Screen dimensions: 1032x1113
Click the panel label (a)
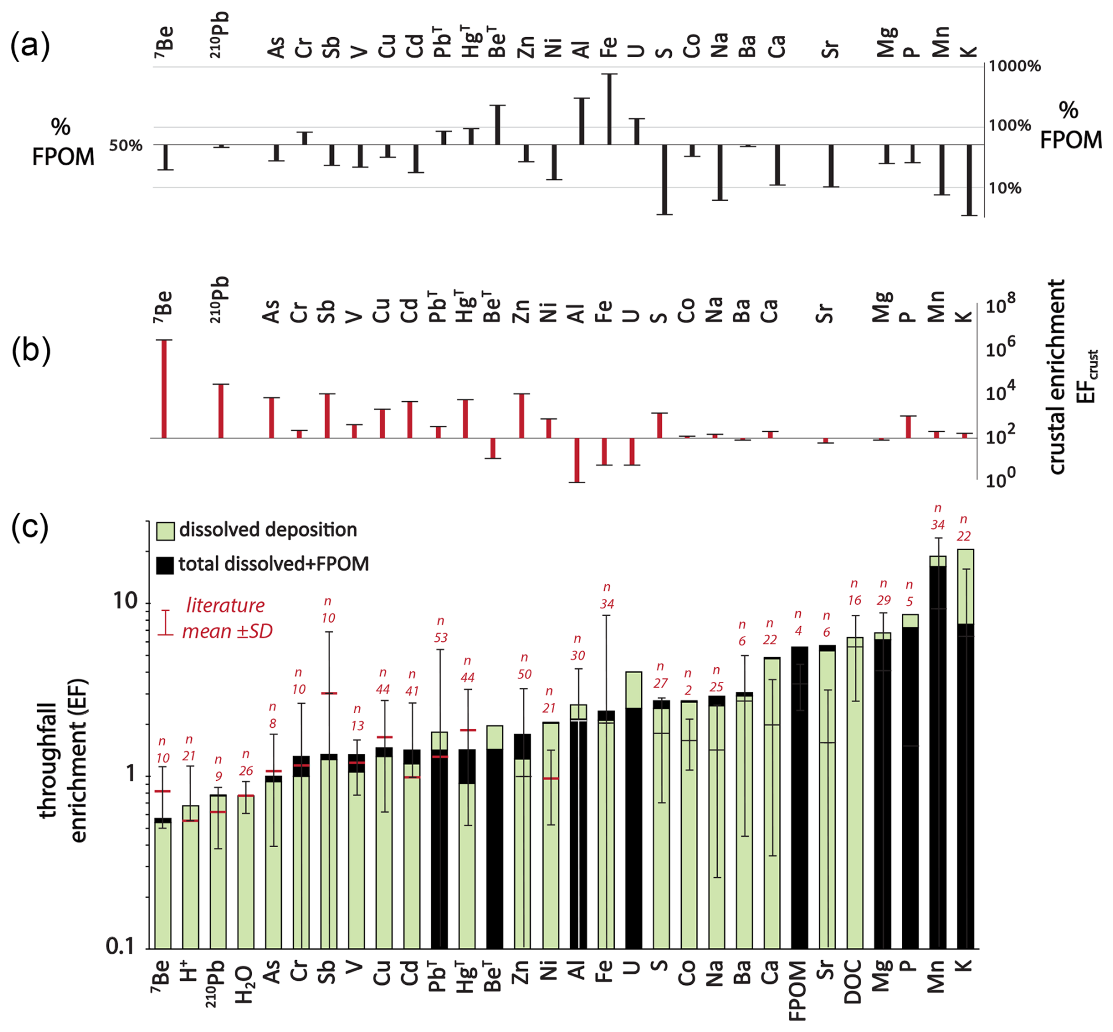click(30, 46)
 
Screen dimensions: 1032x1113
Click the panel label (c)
click(30, 527)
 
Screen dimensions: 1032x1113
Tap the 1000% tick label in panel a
click(1014, 66)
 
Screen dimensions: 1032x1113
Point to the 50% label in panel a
click(125, 145)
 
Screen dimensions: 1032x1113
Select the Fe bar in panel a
click(609, 109)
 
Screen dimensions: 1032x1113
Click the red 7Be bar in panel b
click(164, 389)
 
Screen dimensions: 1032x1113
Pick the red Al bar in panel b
click(577, 460)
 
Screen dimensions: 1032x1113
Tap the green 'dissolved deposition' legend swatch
click(165, 531)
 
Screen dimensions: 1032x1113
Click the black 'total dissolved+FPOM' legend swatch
click(165, 565)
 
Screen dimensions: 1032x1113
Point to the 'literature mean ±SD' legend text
click(226, 618)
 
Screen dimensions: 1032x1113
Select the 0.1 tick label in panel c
click(121, 946)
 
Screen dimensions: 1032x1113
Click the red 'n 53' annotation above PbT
click(441, 630)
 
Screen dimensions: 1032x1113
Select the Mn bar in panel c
click(938, 753)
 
